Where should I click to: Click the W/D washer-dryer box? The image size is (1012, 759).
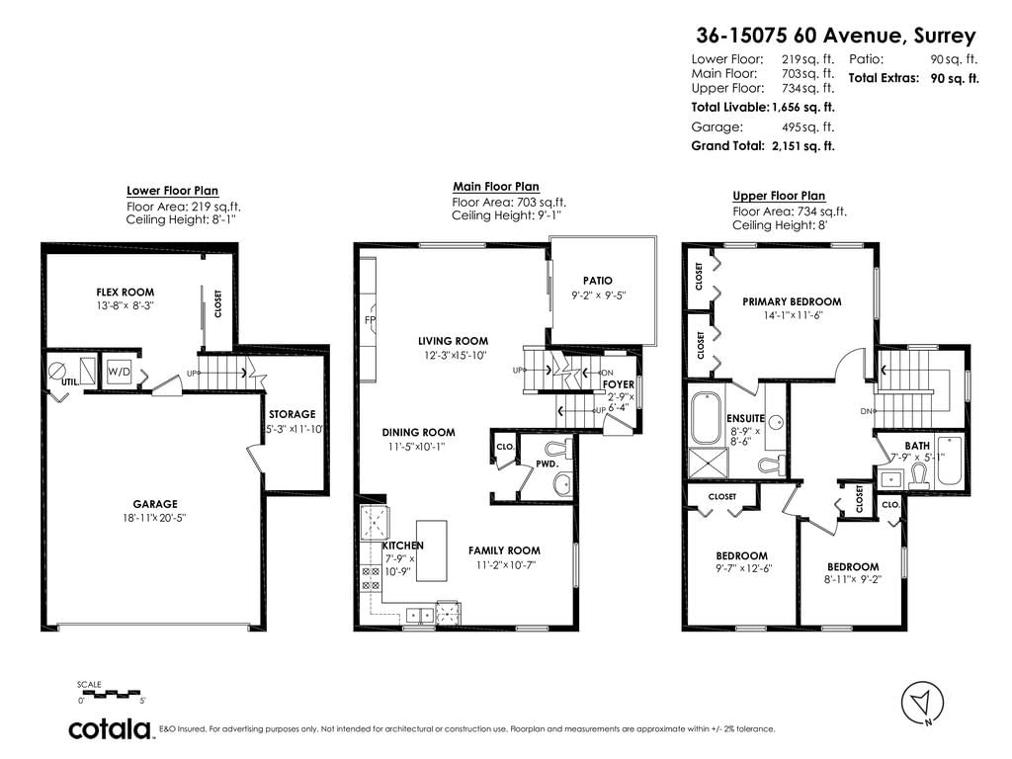pyautogui.click(x=119, y=372)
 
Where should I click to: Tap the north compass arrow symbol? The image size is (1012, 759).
pyautogui.click(x=922, y=702)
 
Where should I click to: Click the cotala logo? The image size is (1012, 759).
pyautogui.click(x=110, y=728)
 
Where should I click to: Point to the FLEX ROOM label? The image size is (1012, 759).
pyautogui.click(x=126, y=293)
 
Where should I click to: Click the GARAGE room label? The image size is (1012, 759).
pyautogui.click(x=155, y=504)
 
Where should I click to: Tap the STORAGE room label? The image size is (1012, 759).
pyautogui.click(x=293, y=414)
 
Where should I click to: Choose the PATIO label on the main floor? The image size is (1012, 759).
pyautogui.click(x=598, y=281)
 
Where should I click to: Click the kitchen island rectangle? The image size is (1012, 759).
pyautogui.click(x=431, y=550)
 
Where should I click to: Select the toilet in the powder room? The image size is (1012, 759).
pyautogui.click(x=558, y=448)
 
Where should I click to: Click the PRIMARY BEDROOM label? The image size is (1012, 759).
pyautogui.click(x=792, y=301)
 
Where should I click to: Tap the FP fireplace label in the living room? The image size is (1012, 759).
pyautogui.click(x=371, y=320)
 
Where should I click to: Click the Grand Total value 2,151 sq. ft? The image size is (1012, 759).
pyautogui.click(x=802, y=146)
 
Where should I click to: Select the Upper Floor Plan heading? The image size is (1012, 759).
pyautogui.click(x=779, y=196)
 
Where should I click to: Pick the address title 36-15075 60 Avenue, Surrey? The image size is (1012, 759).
pyautogui.click(x=836, y=36)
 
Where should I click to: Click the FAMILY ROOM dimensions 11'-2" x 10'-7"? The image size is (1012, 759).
pyautogui.click(x=504, y=565)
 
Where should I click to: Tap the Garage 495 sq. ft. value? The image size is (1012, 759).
pyautogui.click(x=808, y=127)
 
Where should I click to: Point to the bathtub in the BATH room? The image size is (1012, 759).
pyautogui.click(x=949, y=461)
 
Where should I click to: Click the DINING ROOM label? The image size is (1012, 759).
pyautogui.click(x=418, y=433)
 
